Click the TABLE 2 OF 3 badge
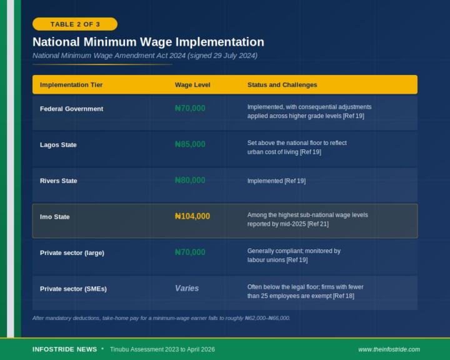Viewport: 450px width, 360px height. point(75,24)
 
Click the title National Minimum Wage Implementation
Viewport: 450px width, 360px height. point(148,42)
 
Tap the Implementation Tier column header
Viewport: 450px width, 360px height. point(71,85)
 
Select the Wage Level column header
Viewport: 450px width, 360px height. point(192,85)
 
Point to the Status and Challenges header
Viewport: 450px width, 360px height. point(282,85)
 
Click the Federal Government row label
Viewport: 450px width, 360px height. point(71,109)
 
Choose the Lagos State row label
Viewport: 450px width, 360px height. point(58,145)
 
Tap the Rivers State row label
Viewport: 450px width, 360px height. point(59,181)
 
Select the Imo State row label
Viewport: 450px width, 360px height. point(55,217)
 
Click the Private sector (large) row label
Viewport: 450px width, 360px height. point(72,253)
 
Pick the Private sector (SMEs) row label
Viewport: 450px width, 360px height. point(73,289)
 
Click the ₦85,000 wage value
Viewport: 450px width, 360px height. point(190,144)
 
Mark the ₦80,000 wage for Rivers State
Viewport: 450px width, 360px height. point(190,181)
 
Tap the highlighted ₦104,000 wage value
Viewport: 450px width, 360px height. point(192,216)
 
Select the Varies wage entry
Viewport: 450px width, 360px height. point(187,289)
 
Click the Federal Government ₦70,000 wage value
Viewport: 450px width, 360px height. point(190,108)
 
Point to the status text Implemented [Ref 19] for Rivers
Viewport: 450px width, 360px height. point(276,181)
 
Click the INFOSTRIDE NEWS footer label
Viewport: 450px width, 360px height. point(64,349)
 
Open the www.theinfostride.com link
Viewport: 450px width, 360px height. point(389,349)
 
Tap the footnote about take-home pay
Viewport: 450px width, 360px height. point(161,318)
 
